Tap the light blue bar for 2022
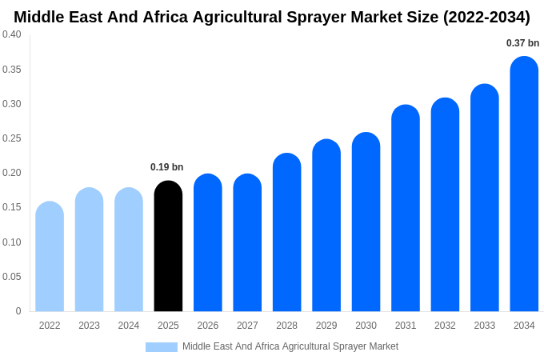[x=50, y=257]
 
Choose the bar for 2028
[x=286, y=233]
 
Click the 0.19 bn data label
[x=166, y=167]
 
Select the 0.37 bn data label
[x=522, y=43]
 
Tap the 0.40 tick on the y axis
[x=12, y=34]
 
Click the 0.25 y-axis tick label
[x=12, y=138]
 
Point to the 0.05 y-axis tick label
[x=12, y=277]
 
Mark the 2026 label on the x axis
[x=208, y=326]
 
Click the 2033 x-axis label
[x=485, y=326]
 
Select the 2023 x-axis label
[x=89, y=326]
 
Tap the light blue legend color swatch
[x=161, y=347]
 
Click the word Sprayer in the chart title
[x=310, y=17]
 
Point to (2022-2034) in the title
[x=486, y=17]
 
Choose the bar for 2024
[x=129, y=250]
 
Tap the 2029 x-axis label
[x=326, y=326]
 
